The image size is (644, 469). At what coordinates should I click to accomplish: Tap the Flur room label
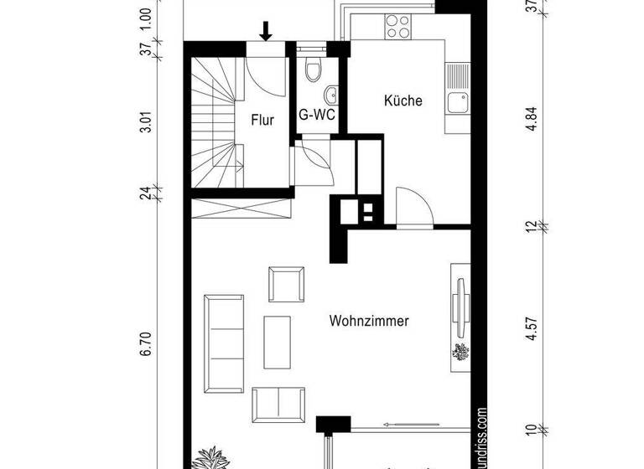click(262, 120)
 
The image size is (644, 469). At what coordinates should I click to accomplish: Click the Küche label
click(402, 100)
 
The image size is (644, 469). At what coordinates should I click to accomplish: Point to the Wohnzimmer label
click(370, 320)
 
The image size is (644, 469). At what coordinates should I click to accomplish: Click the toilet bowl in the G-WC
click(314, 71)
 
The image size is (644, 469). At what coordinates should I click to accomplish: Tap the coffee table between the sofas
click(279, 341)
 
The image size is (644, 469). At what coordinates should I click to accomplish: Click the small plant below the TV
click(461, 353)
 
